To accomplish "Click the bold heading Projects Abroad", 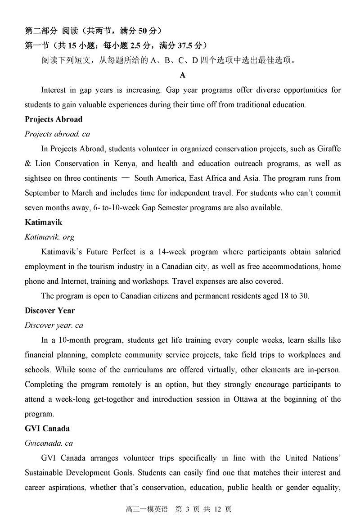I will pos(54,119).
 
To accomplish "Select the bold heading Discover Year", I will pos(50,310).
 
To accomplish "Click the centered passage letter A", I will pos(183,75).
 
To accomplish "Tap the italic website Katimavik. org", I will pos(49,237).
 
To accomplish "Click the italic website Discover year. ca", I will pos(54,325).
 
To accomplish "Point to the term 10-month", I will pos(74,340).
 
